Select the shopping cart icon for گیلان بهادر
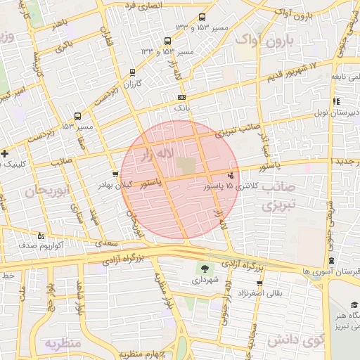point(115,173)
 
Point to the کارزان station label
point(133,84)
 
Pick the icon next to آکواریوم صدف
point(40,236)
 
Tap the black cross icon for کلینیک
point(5,153)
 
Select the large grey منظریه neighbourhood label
point(64,344)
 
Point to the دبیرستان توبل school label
point(337,112)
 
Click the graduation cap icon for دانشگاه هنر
point(354,304)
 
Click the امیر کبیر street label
point(13,92)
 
